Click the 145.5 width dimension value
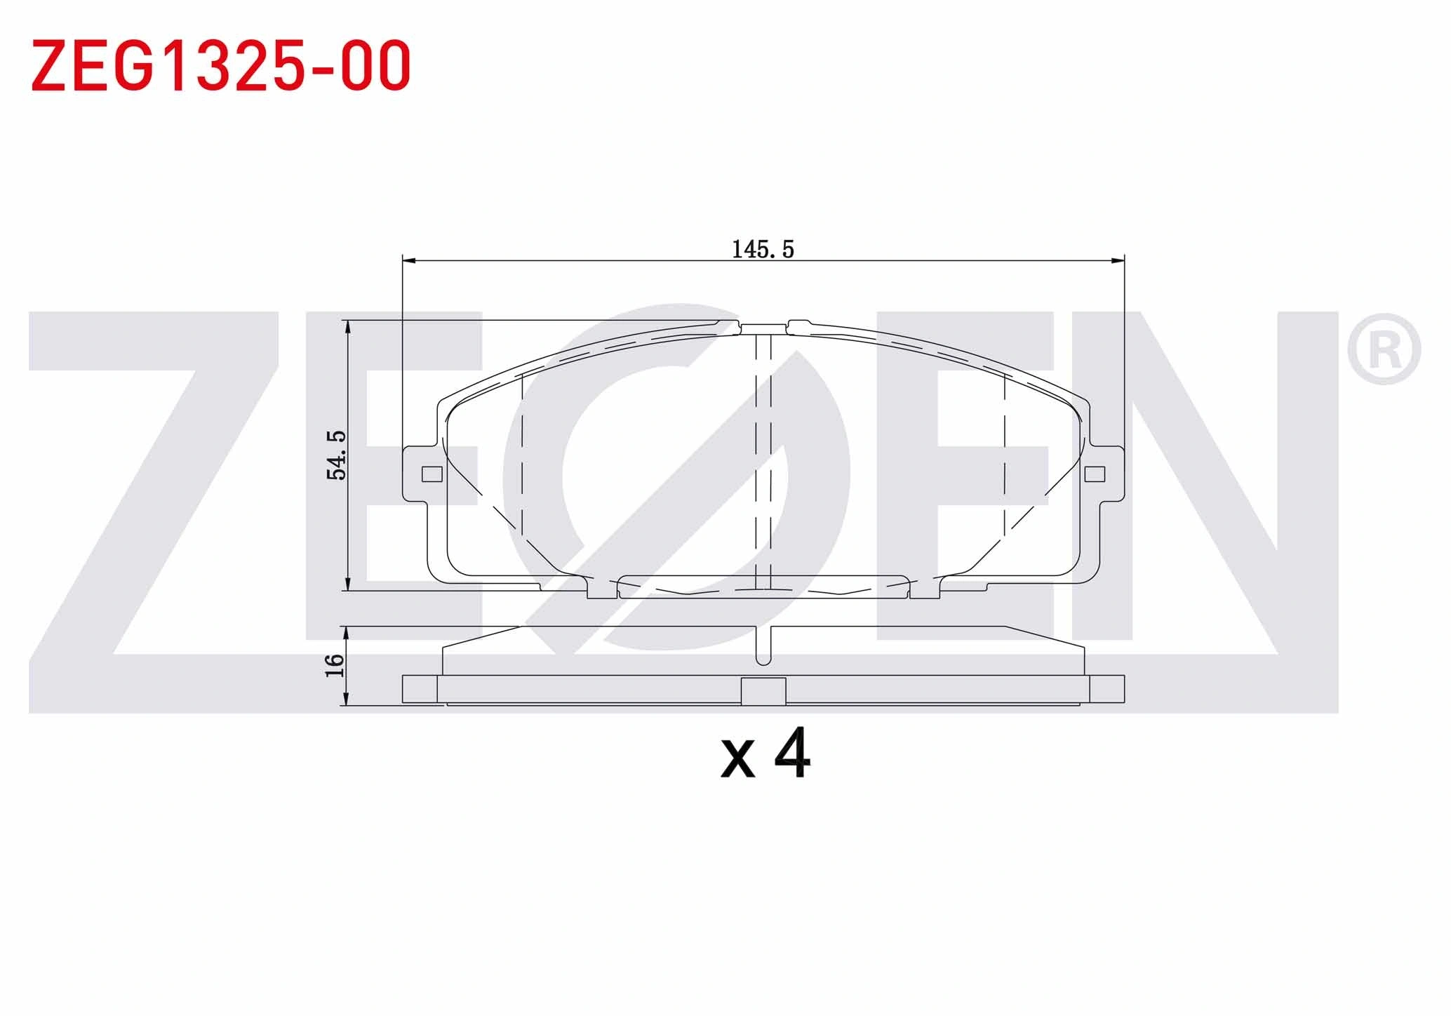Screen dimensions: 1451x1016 click(x=763, y=249)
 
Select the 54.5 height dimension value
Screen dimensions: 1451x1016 click(x=337, y=455)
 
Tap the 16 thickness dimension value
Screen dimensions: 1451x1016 click(x=335, y=665)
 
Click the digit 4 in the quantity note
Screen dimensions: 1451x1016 click(x=792, y=754)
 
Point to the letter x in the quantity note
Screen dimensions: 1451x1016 click(x=737, y=761)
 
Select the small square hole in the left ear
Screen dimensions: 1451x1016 click(x=432, y=474)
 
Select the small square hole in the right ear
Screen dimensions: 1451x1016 click(x=1095, y=474)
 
